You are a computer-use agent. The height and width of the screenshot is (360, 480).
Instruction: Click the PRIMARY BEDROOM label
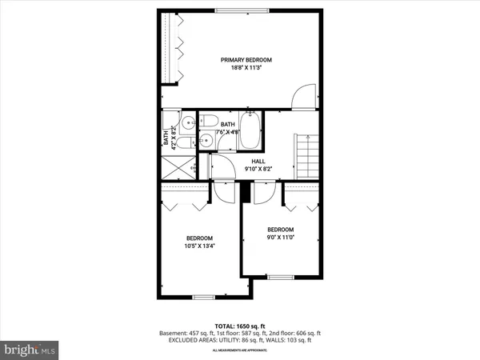click(x=246, y=60)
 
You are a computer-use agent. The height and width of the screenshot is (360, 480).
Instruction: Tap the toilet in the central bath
click(x=210, y=122)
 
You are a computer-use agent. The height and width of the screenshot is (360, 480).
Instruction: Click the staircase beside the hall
click(x=307, y=156)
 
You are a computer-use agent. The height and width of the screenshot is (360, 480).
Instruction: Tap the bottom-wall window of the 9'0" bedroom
click(x=280, y=277)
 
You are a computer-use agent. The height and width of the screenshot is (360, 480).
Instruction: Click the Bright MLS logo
click(x=30, y=350)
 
